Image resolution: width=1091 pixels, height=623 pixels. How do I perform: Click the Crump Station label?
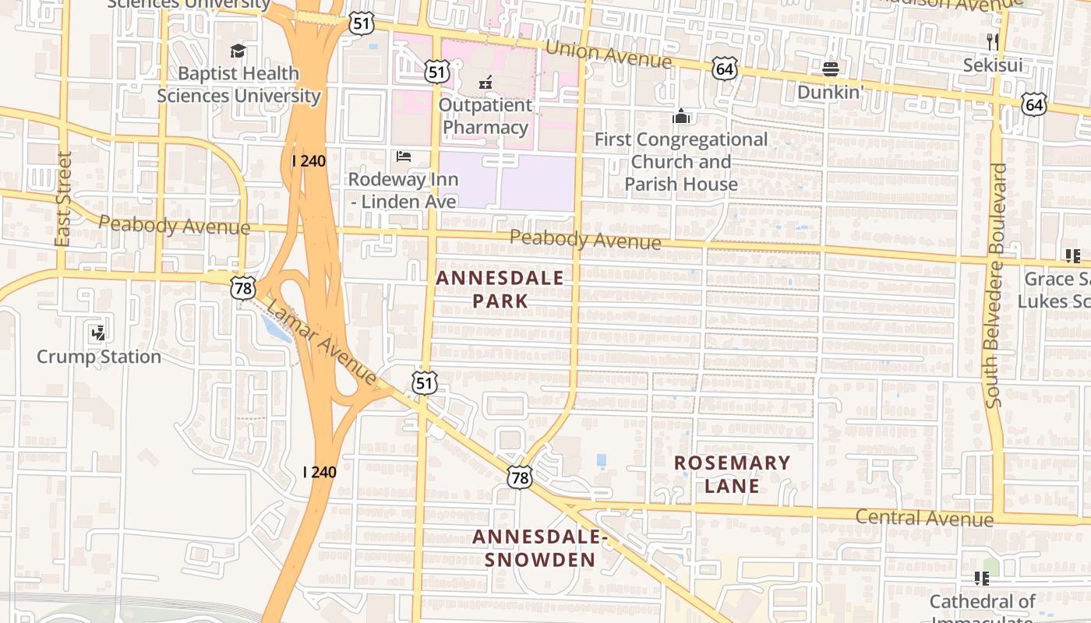99,357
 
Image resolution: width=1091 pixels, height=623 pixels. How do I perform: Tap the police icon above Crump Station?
98,333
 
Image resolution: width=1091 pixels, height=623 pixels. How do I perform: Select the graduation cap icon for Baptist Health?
238,51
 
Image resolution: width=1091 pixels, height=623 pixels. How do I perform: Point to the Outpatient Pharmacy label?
485,116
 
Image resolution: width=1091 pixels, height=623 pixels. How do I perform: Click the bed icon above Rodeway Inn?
403,157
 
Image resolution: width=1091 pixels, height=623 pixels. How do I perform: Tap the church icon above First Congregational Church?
681,117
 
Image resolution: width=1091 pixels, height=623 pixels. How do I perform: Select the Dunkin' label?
830,92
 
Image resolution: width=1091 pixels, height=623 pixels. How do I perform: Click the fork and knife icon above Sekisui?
992,41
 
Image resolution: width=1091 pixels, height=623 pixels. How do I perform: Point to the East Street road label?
64,199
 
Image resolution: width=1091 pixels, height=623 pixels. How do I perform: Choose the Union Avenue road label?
608,55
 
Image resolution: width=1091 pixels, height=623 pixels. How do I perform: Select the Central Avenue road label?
924,518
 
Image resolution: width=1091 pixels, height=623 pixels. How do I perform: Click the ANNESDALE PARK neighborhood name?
500,289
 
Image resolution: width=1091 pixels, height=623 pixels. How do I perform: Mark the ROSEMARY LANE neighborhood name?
732,474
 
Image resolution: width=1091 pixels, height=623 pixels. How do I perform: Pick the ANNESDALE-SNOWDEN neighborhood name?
539,548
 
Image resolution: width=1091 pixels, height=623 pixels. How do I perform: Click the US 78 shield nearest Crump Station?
242,287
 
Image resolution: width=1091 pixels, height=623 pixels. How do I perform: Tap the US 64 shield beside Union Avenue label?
724,69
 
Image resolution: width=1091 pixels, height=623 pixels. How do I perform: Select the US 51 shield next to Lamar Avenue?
425,382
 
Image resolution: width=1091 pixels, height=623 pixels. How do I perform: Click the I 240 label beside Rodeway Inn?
309,161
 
